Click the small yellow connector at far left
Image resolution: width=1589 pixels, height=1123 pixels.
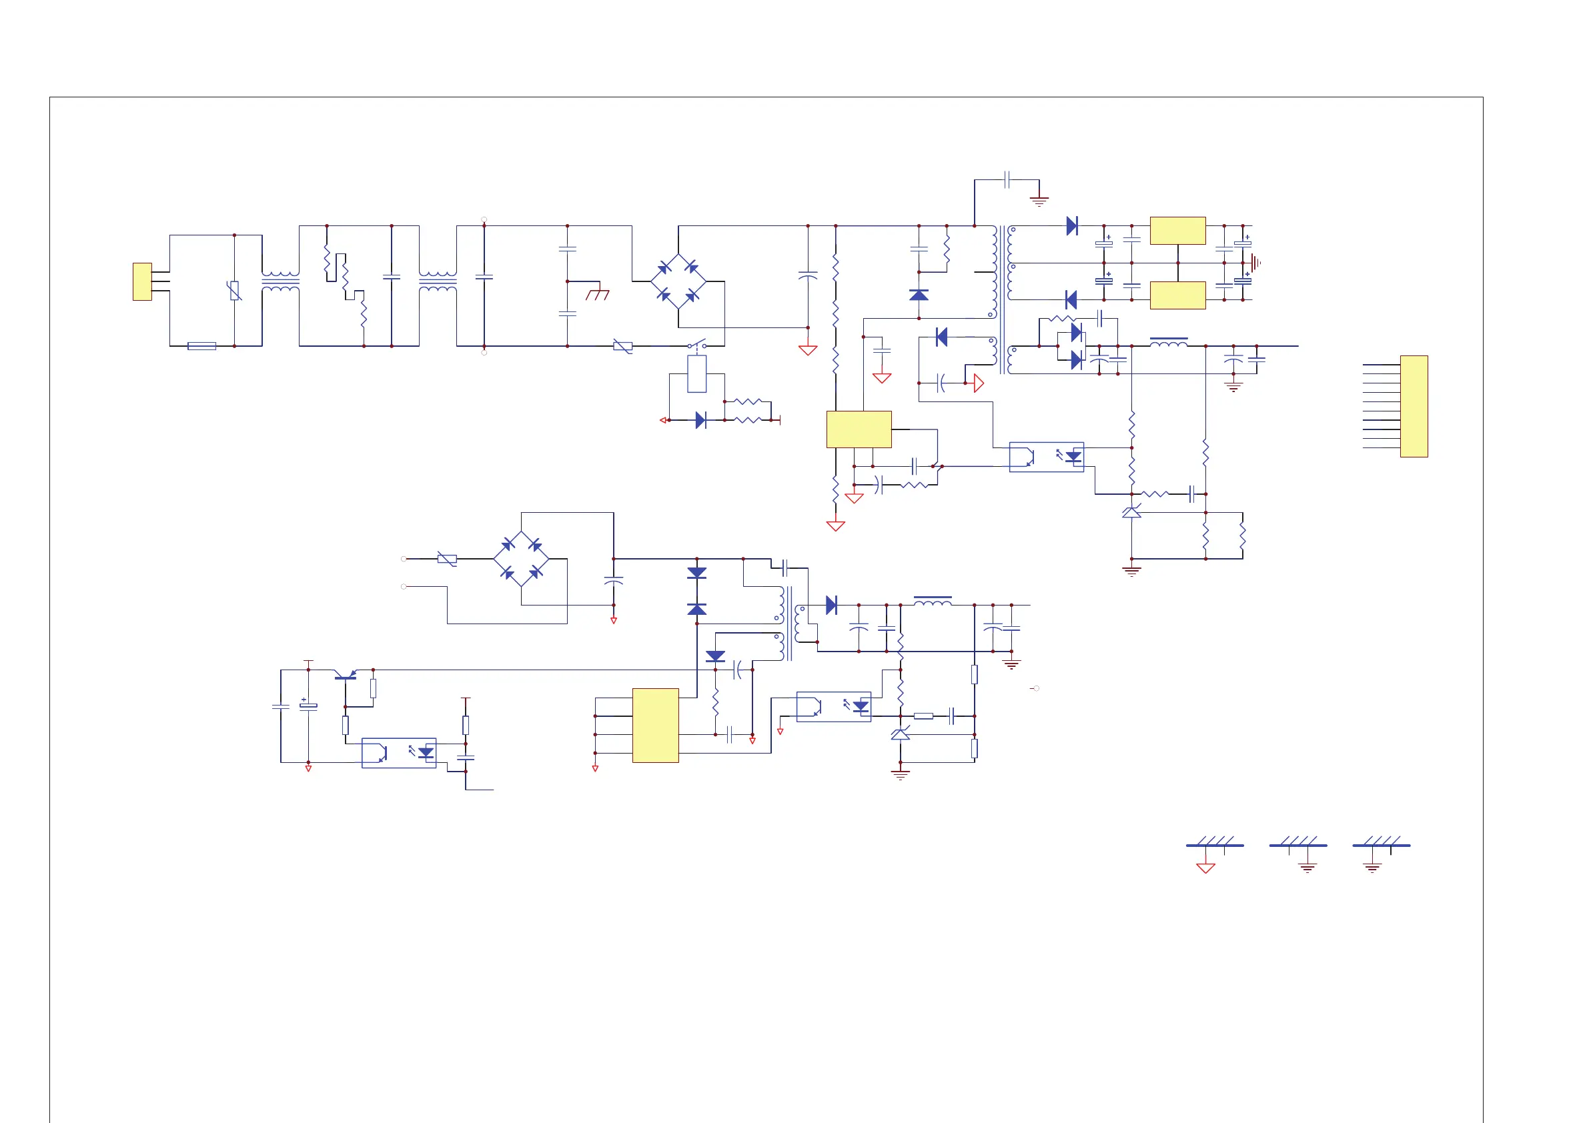click(x=142, y=281)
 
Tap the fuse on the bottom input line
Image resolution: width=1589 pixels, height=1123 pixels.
click(x=201, y=346)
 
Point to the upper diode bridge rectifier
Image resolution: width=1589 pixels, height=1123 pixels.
click(x=678, y=281)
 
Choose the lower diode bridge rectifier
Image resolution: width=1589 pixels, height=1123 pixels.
click(x=521, y=558)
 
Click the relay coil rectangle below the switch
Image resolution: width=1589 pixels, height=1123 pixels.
click(x=696, y=373)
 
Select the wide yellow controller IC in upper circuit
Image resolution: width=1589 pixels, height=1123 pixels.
click(x=859, y=429)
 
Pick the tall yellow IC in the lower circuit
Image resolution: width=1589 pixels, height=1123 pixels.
click(x=655, y=725)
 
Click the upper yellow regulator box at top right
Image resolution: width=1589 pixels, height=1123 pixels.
click(x=1177, y=231)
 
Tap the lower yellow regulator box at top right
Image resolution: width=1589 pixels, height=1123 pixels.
click(x=1177, y=295)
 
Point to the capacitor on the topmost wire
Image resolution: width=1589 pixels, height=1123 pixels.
click(x=1007, y=180)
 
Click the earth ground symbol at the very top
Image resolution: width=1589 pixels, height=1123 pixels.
click(x=1039, y=201)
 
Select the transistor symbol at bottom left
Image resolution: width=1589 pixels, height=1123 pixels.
click(x=346, y=675)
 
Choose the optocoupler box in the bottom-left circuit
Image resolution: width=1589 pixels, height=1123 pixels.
click(x=399, y=753)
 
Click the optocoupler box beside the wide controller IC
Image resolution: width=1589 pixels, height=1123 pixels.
click(x=1046, y=457)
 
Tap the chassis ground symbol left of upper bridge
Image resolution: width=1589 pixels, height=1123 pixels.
click(x=597, y=295)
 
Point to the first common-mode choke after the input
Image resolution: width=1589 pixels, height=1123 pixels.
click(x=280, y=281)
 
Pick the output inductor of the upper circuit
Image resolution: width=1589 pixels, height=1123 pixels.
click(x=1168, y=342)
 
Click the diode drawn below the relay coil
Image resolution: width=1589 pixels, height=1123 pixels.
click(x=700, y=420)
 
